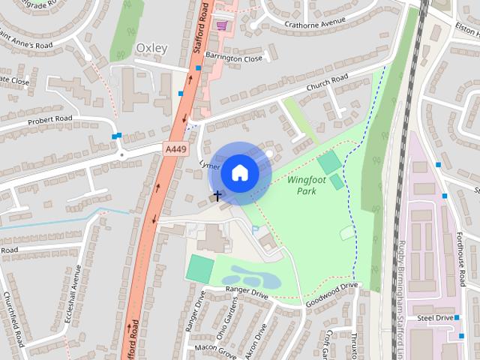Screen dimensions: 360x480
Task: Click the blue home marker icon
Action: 239,173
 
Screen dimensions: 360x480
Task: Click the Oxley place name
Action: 151,49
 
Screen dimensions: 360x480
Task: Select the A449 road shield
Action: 175,150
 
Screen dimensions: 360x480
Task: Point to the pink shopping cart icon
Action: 221,25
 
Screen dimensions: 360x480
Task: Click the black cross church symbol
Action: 217,196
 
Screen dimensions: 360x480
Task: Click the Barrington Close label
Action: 235,58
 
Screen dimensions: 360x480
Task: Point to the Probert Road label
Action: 49,119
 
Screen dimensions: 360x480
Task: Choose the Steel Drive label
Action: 436,318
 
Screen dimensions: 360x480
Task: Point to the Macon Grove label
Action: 215,347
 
